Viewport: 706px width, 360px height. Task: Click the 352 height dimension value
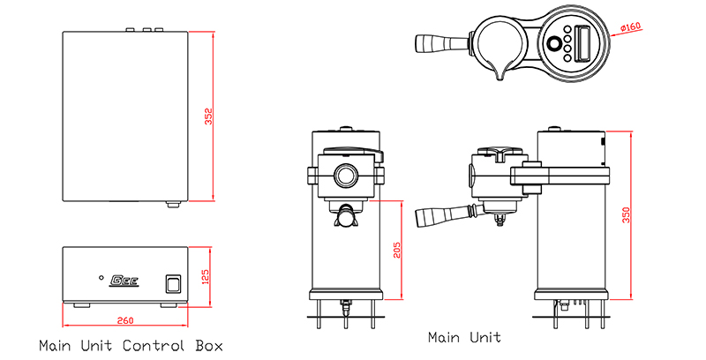tap(209, 116)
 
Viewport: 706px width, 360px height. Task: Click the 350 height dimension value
tap(627, 215)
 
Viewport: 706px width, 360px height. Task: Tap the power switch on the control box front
tap(171, 283)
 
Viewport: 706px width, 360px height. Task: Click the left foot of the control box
tap(80, 305)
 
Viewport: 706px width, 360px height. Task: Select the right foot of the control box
tap(168, 305)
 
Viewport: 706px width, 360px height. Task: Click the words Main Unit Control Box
tap(131, 344)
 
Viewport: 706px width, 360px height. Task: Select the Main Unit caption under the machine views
tap(464, 337)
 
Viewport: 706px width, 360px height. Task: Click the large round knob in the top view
tap(554, 44)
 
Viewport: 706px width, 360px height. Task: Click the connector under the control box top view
tap(173, 205)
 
